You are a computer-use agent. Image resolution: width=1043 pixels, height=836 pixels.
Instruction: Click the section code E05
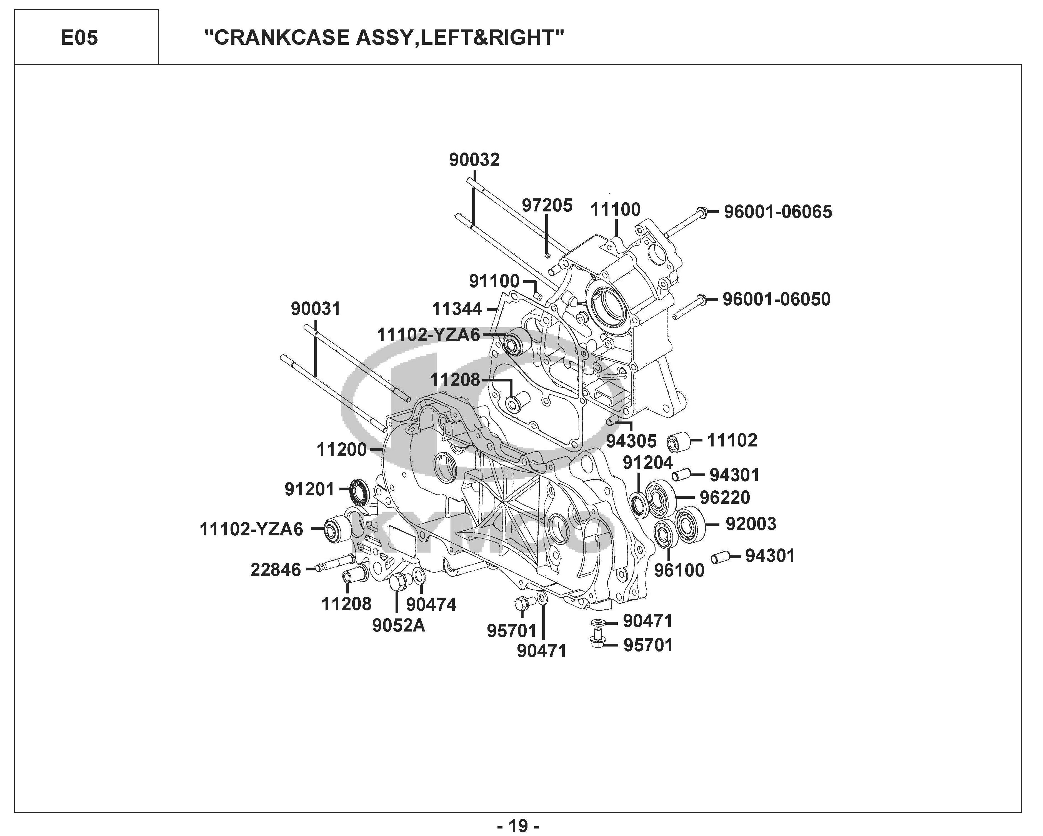pos(79,38)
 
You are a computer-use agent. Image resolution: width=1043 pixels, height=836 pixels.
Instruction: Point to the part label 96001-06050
pos(776,299)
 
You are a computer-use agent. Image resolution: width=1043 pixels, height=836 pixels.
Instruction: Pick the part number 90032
pos(474,160)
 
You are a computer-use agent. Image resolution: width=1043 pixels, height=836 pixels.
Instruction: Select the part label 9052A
pos(398,626)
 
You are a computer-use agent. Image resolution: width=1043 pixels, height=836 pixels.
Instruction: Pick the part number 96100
pos(679,570)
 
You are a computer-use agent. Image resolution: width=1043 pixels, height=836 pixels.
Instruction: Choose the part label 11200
pos(342,450)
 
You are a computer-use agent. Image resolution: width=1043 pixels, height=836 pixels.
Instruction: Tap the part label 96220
pos(725,497)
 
